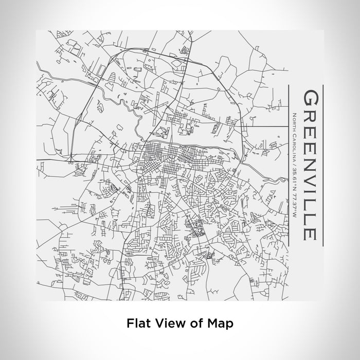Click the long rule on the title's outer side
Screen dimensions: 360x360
pyautogui.click(x=322, y=165)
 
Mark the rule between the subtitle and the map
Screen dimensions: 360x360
pyautogui.click(x=287, y=165)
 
